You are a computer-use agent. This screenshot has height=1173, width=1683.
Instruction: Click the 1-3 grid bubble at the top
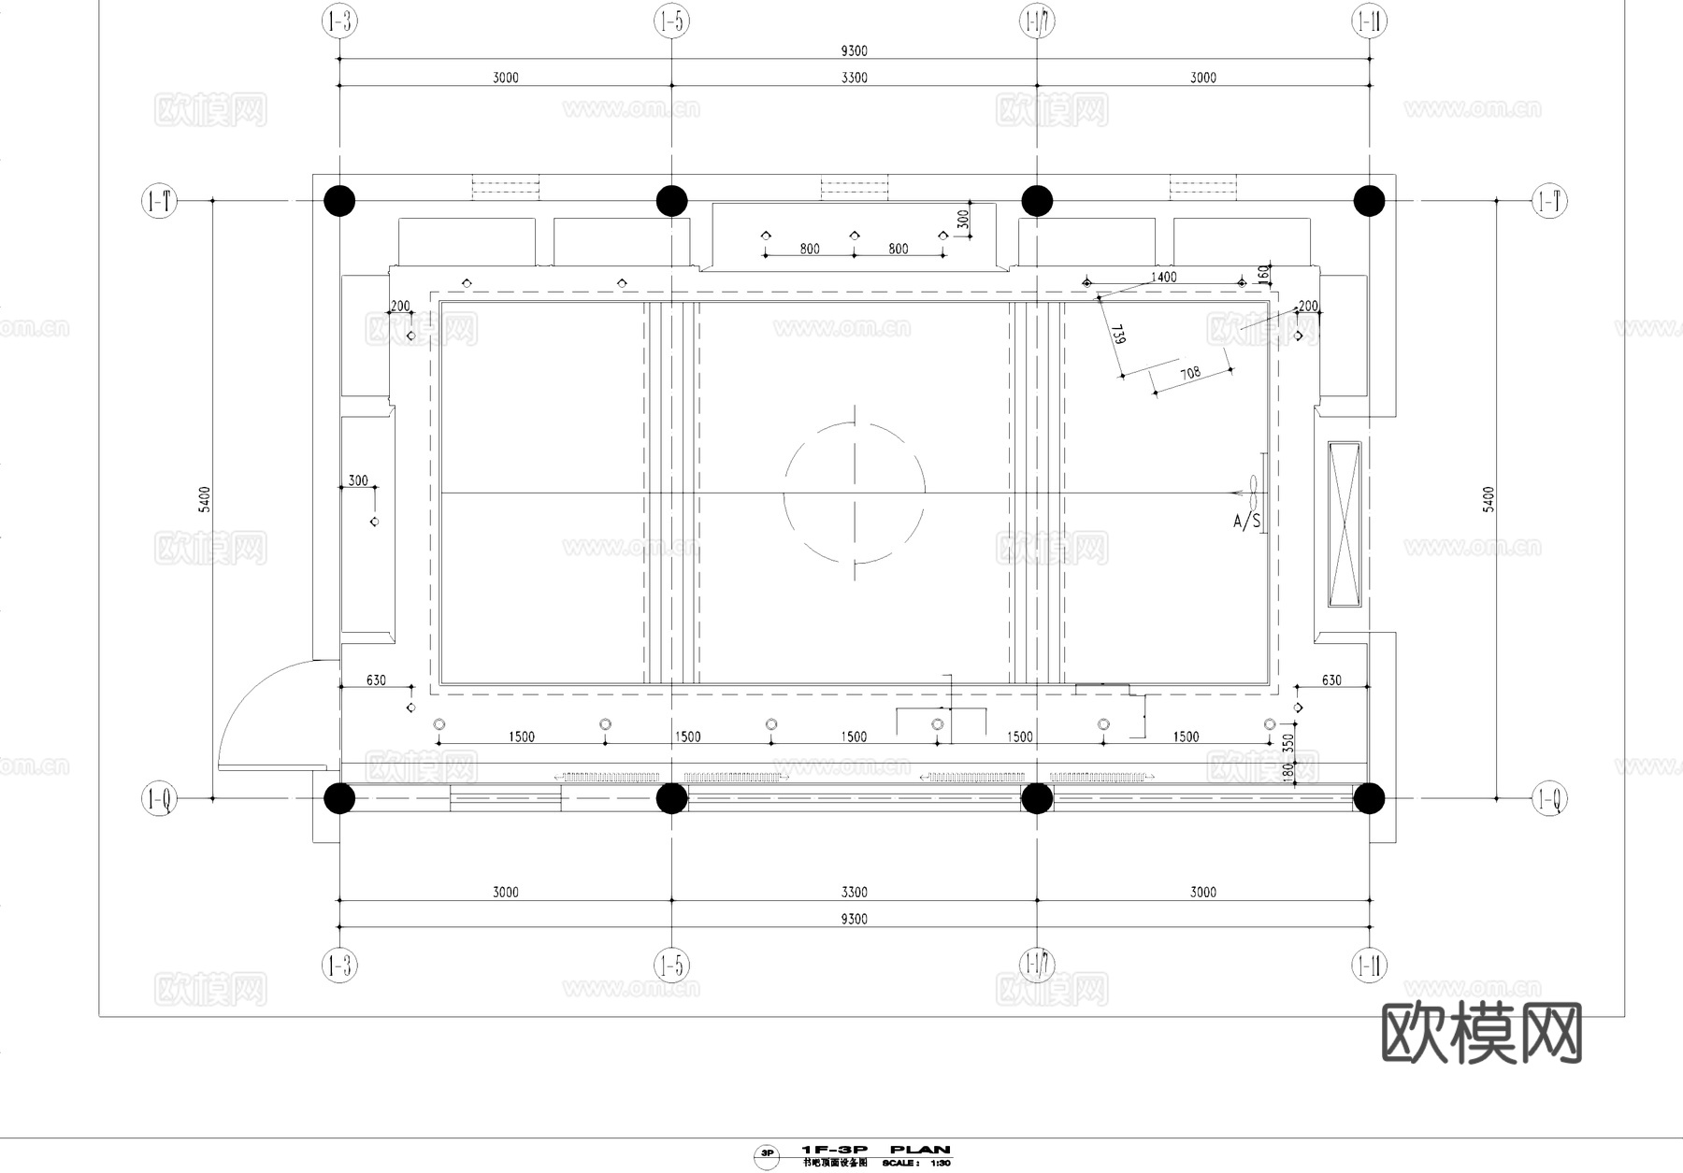(x=339, y=21)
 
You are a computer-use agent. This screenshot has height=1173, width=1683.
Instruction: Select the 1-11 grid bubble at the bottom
(x=1369, y=965)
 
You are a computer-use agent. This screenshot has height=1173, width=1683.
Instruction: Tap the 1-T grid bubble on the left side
(x=159, y=200)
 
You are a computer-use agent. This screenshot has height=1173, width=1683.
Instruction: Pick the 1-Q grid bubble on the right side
(x=1548, y=799)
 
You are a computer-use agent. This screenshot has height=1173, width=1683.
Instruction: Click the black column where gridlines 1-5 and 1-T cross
(x=671, y=201)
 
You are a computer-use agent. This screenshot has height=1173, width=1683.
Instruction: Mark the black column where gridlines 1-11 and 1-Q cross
(x=1369, y=799)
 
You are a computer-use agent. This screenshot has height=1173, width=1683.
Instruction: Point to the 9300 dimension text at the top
(x=854, y=51)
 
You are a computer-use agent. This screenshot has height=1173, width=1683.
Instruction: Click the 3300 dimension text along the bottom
(x=854, y=893)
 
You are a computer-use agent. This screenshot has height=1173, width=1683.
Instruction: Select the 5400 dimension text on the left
(x=205, y=499)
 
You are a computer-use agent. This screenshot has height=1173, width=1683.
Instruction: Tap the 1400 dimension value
(x=1163, y=277)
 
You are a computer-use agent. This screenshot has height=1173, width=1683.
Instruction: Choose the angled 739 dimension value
(x=1117, y=335)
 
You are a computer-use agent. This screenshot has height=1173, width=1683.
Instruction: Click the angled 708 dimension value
(x=1189, y=374)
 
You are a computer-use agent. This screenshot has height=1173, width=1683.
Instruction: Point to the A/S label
(x=1246, y=521)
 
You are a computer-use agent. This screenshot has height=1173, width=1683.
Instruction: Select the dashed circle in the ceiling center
(x=854, y=493)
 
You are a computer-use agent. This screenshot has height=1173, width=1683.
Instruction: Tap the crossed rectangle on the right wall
(x=1345, y=524)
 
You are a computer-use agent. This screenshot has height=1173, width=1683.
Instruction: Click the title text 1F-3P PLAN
(x=876, y=1150)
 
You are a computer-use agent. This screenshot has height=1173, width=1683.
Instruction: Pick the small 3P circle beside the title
(x=767, y=1154)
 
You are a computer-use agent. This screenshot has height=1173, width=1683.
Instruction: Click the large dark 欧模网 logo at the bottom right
(x=1481, y=1033)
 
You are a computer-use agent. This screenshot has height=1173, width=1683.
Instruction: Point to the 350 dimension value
(x=1288, y=744)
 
